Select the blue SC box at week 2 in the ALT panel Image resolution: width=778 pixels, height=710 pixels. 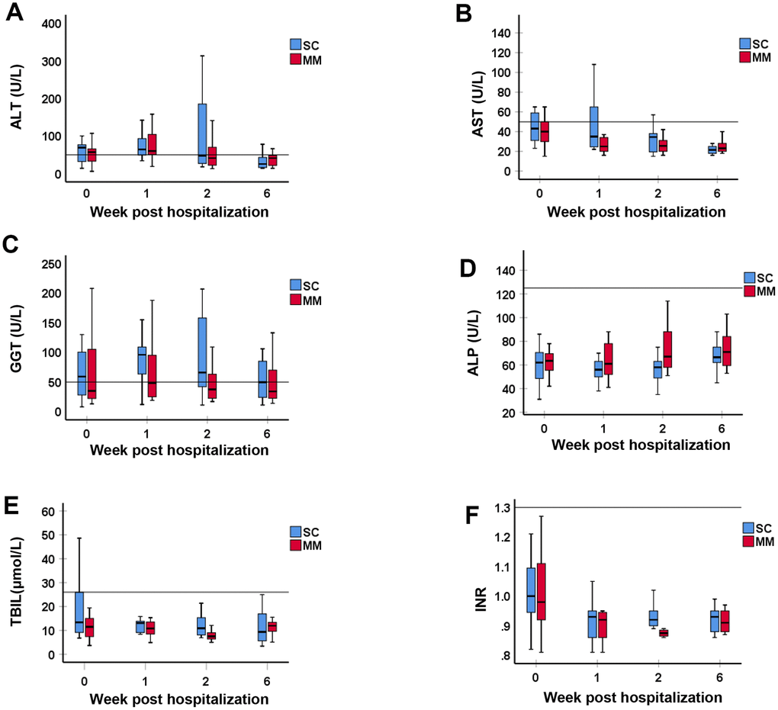[x=201, y=133]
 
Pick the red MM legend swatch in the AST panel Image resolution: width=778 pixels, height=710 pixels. [x=746, y=57]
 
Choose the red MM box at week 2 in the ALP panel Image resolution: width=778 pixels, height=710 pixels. [x=668, y=349]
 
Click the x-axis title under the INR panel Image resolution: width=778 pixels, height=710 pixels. [x=632, y=697]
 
